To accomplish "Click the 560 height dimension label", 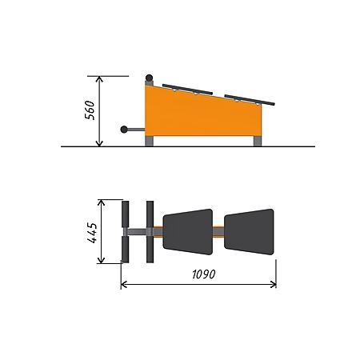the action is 90,110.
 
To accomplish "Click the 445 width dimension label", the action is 92,233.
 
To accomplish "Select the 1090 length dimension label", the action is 204,274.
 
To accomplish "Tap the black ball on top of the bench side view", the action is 149,78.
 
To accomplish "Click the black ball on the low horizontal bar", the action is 124,130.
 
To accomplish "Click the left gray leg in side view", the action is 150,141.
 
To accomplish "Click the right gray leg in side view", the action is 258,141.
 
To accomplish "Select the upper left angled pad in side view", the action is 188,90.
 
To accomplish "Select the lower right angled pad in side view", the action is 250,100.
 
